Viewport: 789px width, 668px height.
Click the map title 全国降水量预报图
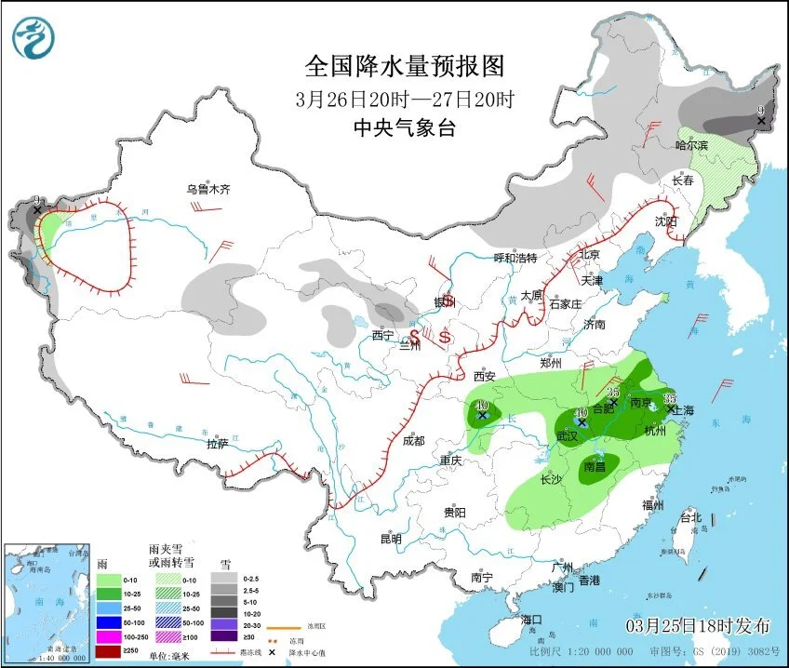coord(405,66)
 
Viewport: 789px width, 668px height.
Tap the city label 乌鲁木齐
coord(207,189)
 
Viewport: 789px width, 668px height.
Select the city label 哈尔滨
coord(690,146)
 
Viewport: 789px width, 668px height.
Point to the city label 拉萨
coord(218,445)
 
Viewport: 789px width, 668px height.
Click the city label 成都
coord(414,441)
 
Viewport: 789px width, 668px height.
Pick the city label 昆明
coord(391,539)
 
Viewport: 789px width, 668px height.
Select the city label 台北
coord(690,516)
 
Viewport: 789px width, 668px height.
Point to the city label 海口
coord(531,619)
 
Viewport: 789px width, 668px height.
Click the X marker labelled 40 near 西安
coord(483,415)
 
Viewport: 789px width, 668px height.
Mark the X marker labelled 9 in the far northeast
coord(761,121)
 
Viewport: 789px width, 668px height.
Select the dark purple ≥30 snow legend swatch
coord(223,635)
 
